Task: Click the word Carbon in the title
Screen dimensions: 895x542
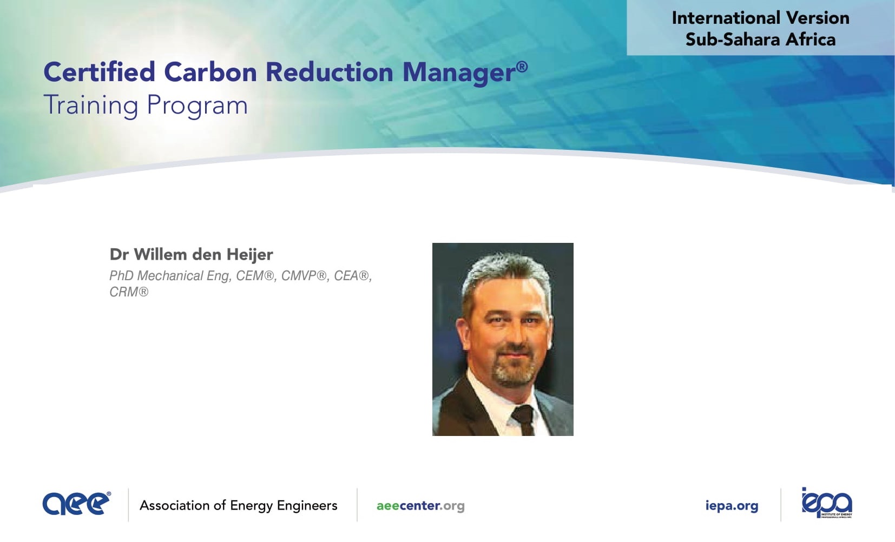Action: pyautogui.click(x=210, y=72)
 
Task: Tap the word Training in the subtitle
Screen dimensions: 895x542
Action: pyautogui.click(x=91, y=106)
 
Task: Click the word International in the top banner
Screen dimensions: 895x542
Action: pyautogui.click(x=726, y=18)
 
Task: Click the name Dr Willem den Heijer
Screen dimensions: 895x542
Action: pyautogui.click(x=191, y=254)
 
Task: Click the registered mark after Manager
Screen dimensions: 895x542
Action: pyautogui.click(x=522, y=67)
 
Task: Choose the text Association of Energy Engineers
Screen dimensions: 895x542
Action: pyautogui.click(x=238, y=506)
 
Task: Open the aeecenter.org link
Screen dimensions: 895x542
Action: pyautogui.click(x=420, y=506)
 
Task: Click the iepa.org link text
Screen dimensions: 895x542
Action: pyautogui.click(x=732, y=506)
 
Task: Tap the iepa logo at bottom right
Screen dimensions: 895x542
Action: pyautogui.click(x=827, y=503)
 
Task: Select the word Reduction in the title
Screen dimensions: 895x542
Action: pyautogui.click(x=330, y=72)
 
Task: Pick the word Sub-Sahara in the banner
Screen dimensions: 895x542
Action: pyautogui.click(x=733, y=39)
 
